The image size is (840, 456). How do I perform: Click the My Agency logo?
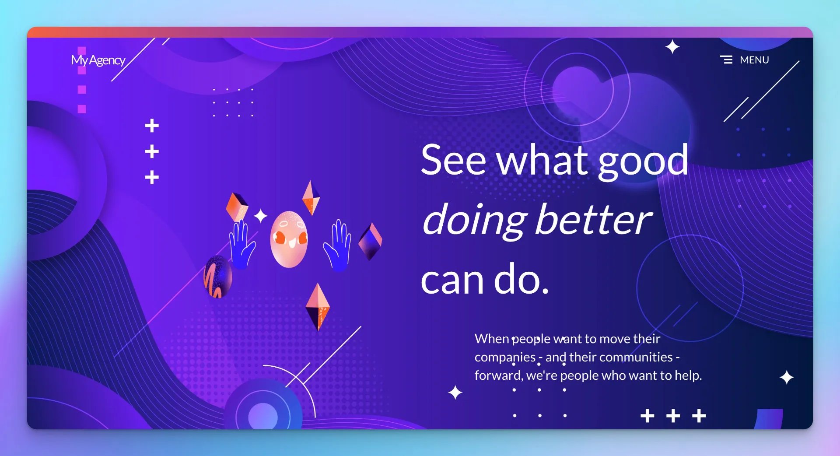(x=98, y=60)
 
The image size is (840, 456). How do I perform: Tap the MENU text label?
(x=754, y=60)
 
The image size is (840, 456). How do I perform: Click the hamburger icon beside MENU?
(x=726, y=60)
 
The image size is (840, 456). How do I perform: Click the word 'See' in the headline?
(x=453, y=160)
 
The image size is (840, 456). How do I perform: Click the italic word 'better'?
(x=594, y=219)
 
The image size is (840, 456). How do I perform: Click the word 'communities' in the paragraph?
(x=636, y=357)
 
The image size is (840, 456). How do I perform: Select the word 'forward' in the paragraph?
(x=498, y=375)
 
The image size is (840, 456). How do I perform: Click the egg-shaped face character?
(x=289, y=239)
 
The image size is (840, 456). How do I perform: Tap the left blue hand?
(x=241, y=244)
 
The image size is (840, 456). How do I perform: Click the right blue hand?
(x=337, y=245)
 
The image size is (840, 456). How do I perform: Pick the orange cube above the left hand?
(x=237, y=207)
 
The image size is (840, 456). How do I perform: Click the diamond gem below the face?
(x=318, y=307)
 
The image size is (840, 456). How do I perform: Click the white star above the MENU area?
(x=672, y=47)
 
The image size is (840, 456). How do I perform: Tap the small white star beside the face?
(x=261, y=216)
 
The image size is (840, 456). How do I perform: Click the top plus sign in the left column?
(x=152, y=126)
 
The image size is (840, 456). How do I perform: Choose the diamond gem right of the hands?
(x=370, y=241)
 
